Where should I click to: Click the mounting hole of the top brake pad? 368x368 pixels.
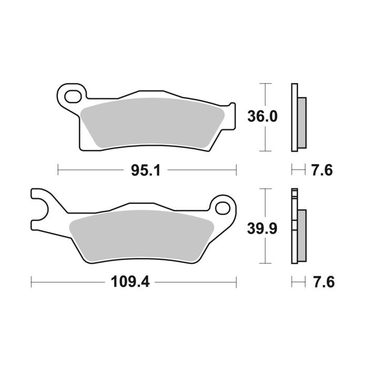click(73, 96)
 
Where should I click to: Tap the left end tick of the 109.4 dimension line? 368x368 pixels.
click(32, 282)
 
